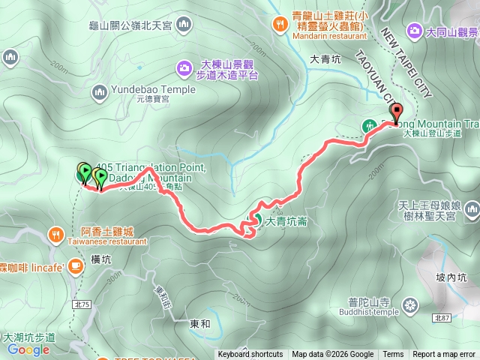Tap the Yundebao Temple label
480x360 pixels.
coord(153,89)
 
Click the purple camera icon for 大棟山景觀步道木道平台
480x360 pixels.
coord(184,69)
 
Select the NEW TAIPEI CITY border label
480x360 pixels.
coord(406,64)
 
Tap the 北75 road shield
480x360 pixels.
coord(82,283)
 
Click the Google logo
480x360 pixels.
coord(28,349)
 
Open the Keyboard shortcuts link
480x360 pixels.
coord(250,355)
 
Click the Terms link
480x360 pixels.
coord(393,355)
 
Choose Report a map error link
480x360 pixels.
coord(445,355)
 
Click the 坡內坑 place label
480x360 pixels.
coord(451,277)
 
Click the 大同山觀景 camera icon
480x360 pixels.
coord(413,31)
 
